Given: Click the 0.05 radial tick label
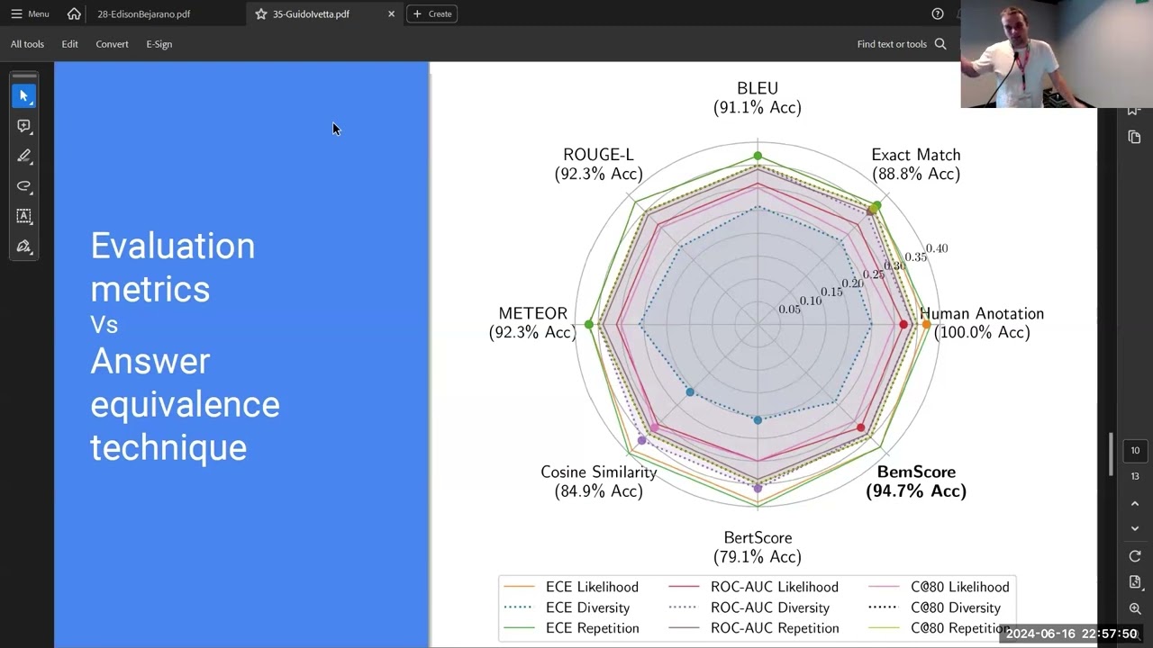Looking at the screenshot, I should [789, 310].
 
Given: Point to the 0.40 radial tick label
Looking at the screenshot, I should [937, 248].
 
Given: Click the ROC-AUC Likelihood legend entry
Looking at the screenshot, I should [755, 587].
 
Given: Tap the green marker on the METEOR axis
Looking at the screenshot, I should [589, 324].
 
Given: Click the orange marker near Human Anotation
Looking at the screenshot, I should [926, 324].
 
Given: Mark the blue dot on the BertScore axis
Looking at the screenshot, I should [758, 420].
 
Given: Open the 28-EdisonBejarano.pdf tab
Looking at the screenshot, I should [144, 13].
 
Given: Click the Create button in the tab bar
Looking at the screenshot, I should [432, 13].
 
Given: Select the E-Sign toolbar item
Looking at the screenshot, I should [159, 44].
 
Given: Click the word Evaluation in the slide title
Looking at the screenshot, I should [173, 246].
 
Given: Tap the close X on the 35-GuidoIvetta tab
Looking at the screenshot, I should [391, 13].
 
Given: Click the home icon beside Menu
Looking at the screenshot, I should [74, 13].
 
